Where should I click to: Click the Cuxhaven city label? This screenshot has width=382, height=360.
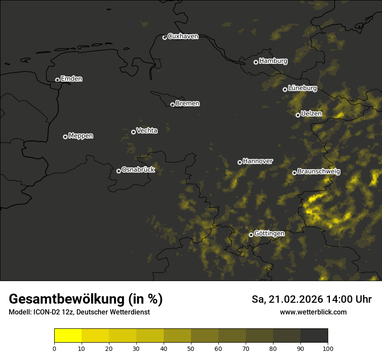coord(183,36)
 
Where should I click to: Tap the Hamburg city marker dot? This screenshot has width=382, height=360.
coord(256,62)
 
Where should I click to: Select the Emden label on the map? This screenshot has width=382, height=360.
coord(71,79)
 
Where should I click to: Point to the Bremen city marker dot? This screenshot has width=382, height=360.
coord(172,105)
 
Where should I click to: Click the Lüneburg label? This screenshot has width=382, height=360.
coord(302,88)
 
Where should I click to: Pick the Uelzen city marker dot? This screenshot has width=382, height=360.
coord(298,115)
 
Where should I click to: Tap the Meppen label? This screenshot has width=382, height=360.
coord(81,136)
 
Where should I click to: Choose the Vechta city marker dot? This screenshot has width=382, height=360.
coord(133,132)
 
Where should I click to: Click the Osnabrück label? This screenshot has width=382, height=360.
coord(138,170)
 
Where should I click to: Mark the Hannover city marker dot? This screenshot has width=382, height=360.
coord(240,162)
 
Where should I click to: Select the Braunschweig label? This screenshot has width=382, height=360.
coord(319,171)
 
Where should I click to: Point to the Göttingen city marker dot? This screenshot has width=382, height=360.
coord(251,235)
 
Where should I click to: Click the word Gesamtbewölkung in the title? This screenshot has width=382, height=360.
coord(66,299)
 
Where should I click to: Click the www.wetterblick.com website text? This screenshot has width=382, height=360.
coord(313,312)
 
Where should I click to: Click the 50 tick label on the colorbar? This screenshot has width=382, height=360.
coord(191,348)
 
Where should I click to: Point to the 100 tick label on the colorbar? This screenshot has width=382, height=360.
coord(328,348)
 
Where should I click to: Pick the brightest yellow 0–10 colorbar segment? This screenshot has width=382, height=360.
coord(68,336)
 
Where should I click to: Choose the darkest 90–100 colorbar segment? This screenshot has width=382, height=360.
coord(314,336)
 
